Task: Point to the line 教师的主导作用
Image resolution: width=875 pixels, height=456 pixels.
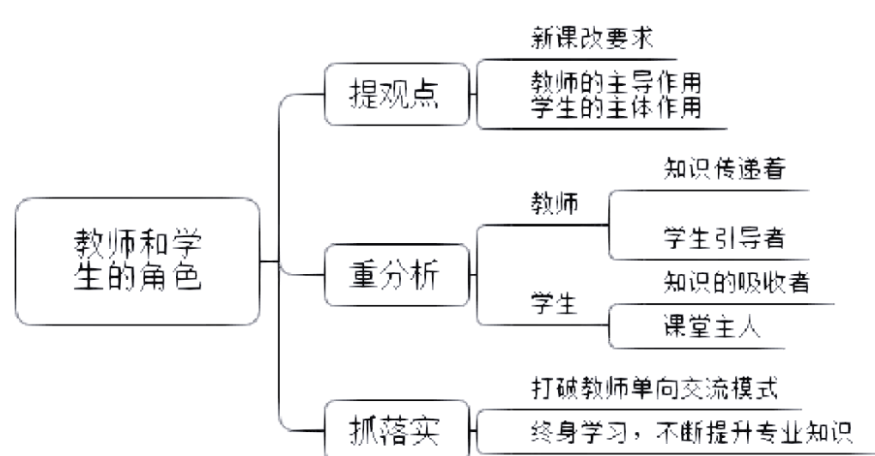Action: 616,83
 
